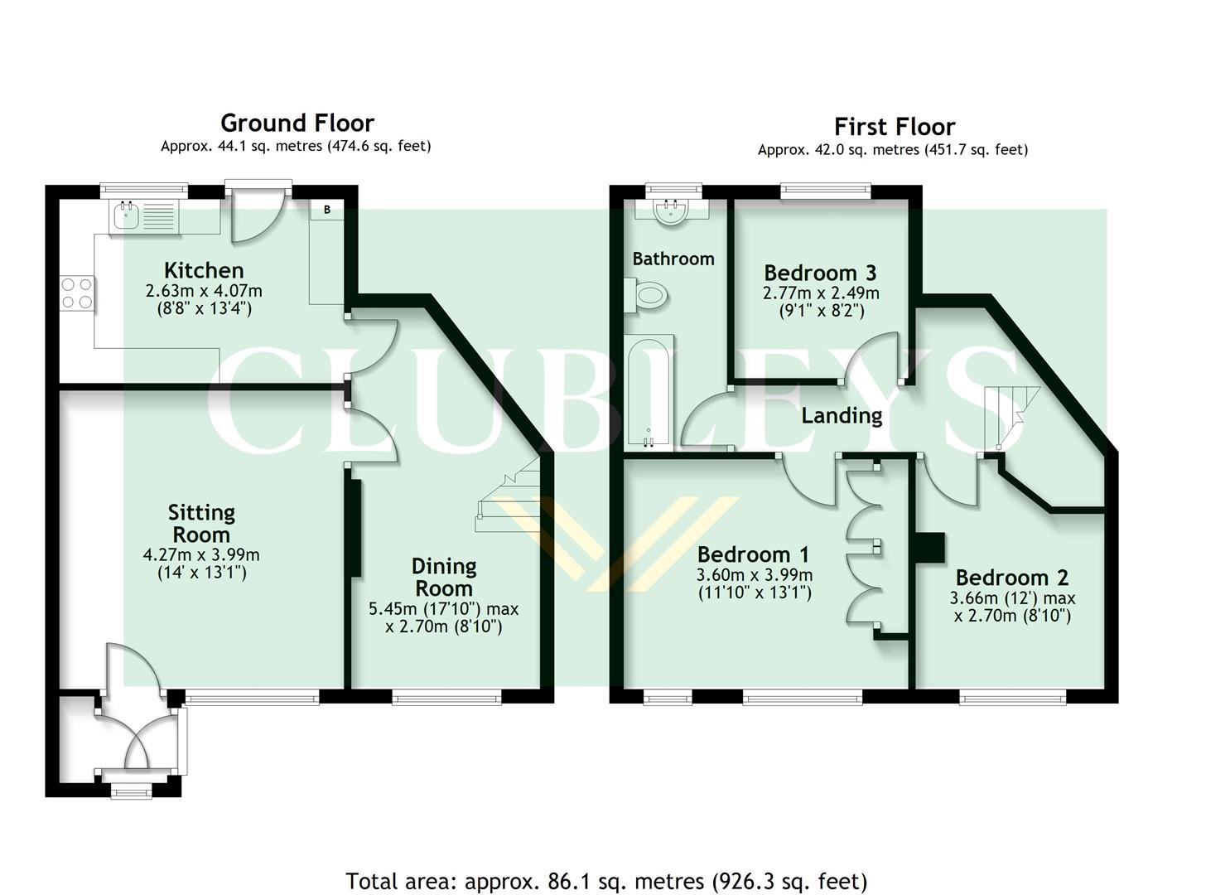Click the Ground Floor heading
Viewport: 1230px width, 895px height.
(x=297, y=123)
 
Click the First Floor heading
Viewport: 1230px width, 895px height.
(x=894, y=127)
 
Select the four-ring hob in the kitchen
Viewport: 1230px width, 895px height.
(x=76, y=293)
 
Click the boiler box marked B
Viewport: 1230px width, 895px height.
(x=327, y=210)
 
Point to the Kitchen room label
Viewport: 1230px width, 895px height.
(x=204, y=270)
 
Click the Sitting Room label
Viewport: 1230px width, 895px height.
(x=201, y=523)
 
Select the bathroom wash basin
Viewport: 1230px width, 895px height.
(x=671, y=210)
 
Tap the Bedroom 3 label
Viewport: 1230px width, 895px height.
(x=820, y=273)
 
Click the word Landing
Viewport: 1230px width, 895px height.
(x=842, y=415)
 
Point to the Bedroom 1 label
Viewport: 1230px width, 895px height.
(x=753, y=554)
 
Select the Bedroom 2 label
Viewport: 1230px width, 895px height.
(x=1011, y=578)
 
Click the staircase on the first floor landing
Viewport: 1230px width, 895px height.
(x=1008, y=414)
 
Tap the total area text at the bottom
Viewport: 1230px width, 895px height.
(x=606, y=880)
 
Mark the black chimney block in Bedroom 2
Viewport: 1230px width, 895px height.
(x=929, y=548)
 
